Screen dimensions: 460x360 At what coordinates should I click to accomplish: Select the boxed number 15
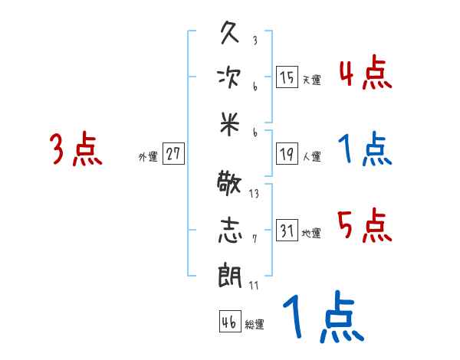pos(287,77)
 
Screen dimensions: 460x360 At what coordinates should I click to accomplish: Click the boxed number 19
pos(287,154)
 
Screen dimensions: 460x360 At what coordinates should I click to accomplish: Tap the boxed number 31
pos(287,231)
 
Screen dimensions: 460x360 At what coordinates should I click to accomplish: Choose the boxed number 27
pos(173,154)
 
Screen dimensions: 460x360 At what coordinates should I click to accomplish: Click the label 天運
pos(311,80)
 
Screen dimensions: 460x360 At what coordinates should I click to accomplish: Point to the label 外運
pos(148,156)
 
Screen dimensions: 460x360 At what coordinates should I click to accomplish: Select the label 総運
pos(255,324)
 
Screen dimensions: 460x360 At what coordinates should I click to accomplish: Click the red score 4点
pos(365,74)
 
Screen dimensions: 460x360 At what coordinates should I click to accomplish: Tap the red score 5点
pos(365,226)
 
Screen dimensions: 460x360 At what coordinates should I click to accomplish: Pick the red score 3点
pos(76,150)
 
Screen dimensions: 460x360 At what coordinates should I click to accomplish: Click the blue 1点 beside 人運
pos(365,149)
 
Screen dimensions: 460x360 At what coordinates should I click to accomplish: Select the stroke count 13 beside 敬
pos(254,194)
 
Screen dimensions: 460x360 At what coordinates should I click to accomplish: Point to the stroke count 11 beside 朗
pos(254,285)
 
